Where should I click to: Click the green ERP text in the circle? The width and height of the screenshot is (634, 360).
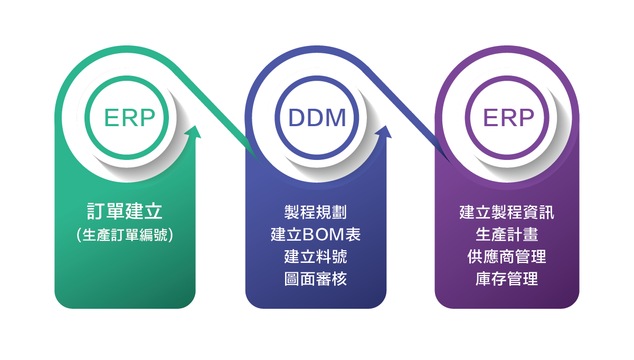point(130,118)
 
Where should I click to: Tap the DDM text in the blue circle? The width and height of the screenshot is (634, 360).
point(317,118)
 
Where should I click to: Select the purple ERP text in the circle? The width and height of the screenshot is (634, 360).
point(508,118)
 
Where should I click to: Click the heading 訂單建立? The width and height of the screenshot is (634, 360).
point(125,211)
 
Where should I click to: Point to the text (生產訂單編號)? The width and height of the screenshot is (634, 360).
point(125,235)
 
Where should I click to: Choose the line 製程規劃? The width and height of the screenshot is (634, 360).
point(316,212)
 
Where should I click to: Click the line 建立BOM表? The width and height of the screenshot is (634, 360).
point(316,234)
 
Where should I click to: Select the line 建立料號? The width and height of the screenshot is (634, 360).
point(316,257)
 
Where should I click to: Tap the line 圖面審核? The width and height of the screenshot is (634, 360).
point(316,279)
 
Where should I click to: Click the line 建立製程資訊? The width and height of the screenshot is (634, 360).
point(507,212)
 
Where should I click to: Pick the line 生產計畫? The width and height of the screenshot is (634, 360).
point(507,234)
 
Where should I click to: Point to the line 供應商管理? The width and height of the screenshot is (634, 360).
point(507,257)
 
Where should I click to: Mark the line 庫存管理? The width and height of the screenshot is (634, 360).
point(507,279)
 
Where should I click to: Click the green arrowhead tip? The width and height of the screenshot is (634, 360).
point(195,126)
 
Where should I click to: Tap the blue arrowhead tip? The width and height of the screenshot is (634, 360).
point(385,126)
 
